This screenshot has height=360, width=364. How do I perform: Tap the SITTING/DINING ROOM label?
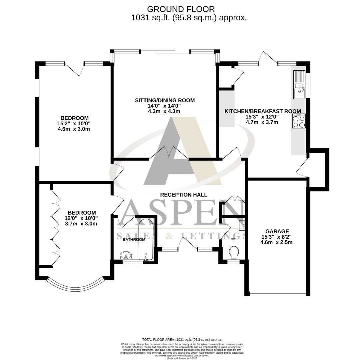point(165,100)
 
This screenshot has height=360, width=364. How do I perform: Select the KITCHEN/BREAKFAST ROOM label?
point(262,111)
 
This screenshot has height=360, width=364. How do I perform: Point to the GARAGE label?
point(277,231)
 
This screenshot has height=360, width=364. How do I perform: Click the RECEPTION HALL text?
point(183,195)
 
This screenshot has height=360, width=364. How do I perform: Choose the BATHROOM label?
point(134,239)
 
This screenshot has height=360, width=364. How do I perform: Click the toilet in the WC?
point(234,252)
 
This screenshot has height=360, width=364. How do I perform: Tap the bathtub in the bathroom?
point(146,239)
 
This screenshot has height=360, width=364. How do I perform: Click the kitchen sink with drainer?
point(299,85)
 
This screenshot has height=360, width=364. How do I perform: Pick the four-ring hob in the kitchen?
point(299,121)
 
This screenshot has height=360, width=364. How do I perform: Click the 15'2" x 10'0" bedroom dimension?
point(75,123)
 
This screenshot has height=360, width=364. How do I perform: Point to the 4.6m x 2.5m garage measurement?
point(277,242)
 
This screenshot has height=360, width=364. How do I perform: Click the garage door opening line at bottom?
point(278,294)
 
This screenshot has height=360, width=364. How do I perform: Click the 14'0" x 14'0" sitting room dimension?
point(165,106)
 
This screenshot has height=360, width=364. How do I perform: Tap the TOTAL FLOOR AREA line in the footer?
point(182,339)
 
